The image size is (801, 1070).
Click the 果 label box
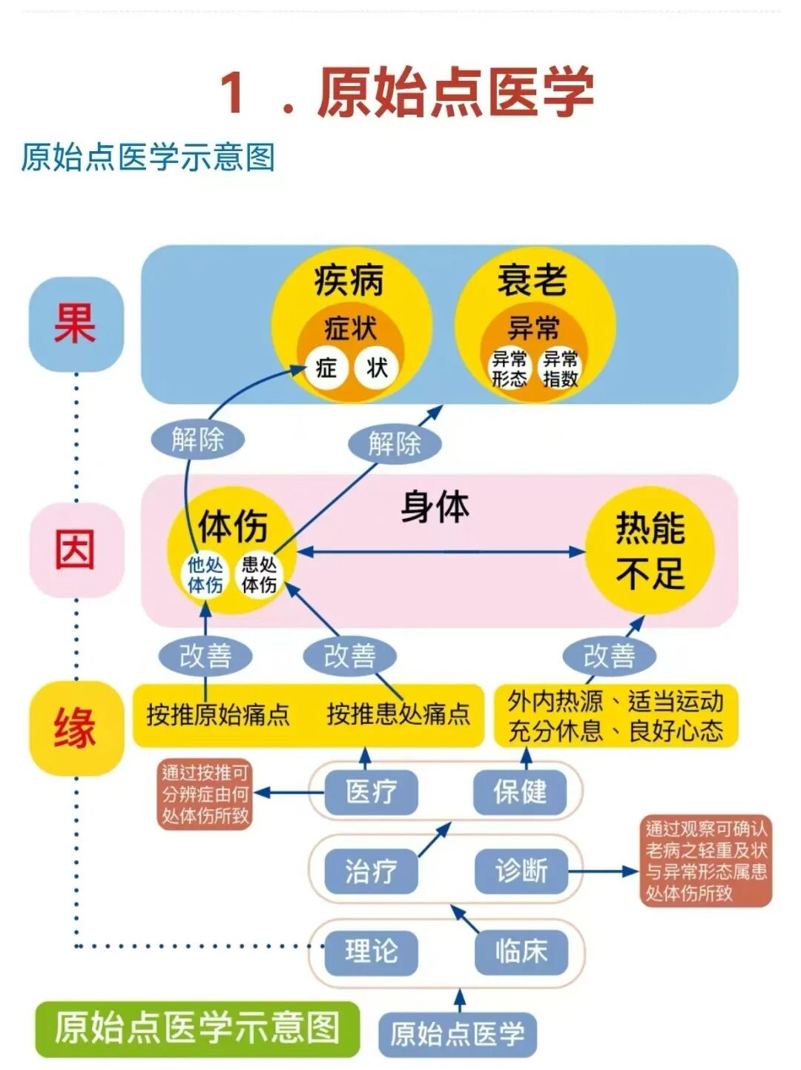[76, 324]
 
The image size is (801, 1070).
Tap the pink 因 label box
[76, 550]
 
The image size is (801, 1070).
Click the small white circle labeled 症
[326, 368]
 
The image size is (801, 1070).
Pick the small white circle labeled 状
[377, 368]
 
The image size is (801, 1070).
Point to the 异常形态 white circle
[510, 368]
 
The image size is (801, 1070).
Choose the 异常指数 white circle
[561, 368]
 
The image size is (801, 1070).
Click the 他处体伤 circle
[205, 575]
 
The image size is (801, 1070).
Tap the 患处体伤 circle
[259, 575]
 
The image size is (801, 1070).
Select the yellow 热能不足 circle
[650, 551]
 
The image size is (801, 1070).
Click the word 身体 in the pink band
[435, 508]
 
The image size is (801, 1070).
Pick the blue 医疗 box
[371, 791]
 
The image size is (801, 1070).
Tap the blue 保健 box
[520, 791]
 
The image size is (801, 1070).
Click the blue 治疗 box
[371, 871]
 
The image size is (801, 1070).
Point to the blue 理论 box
[371, 950]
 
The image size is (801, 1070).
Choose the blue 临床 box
[521, 950]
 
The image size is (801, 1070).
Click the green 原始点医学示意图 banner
[197, 1029]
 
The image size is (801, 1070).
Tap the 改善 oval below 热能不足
[609, 656]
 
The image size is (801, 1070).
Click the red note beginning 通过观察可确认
[705, 861]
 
